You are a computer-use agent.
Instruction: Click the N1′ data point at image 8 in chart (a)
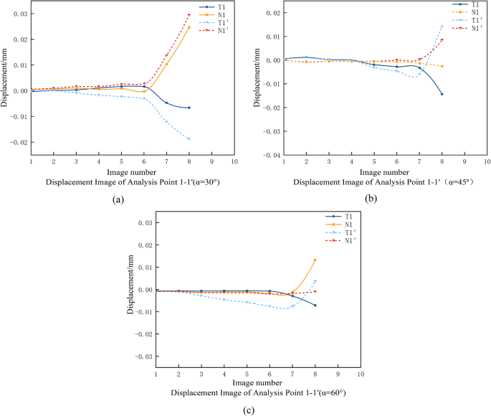[189, 15]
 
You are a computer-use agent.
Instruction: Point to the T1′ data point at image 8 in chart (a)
[189, 138]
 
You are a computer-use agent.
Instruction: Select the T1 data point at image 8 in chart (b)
[442, 94]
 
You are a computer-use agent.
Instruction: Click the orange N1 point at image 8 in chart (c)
[315, 260]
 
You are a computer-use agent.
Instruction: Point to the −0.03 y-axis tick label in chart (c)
[144, 356]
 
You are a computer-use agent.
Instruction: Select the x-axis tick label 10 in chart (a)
[234, 162]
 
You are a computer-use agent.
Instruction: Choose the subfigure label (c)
[248, 411]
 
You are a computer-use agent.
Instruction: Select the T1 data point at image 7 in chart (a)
[166, 103]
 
